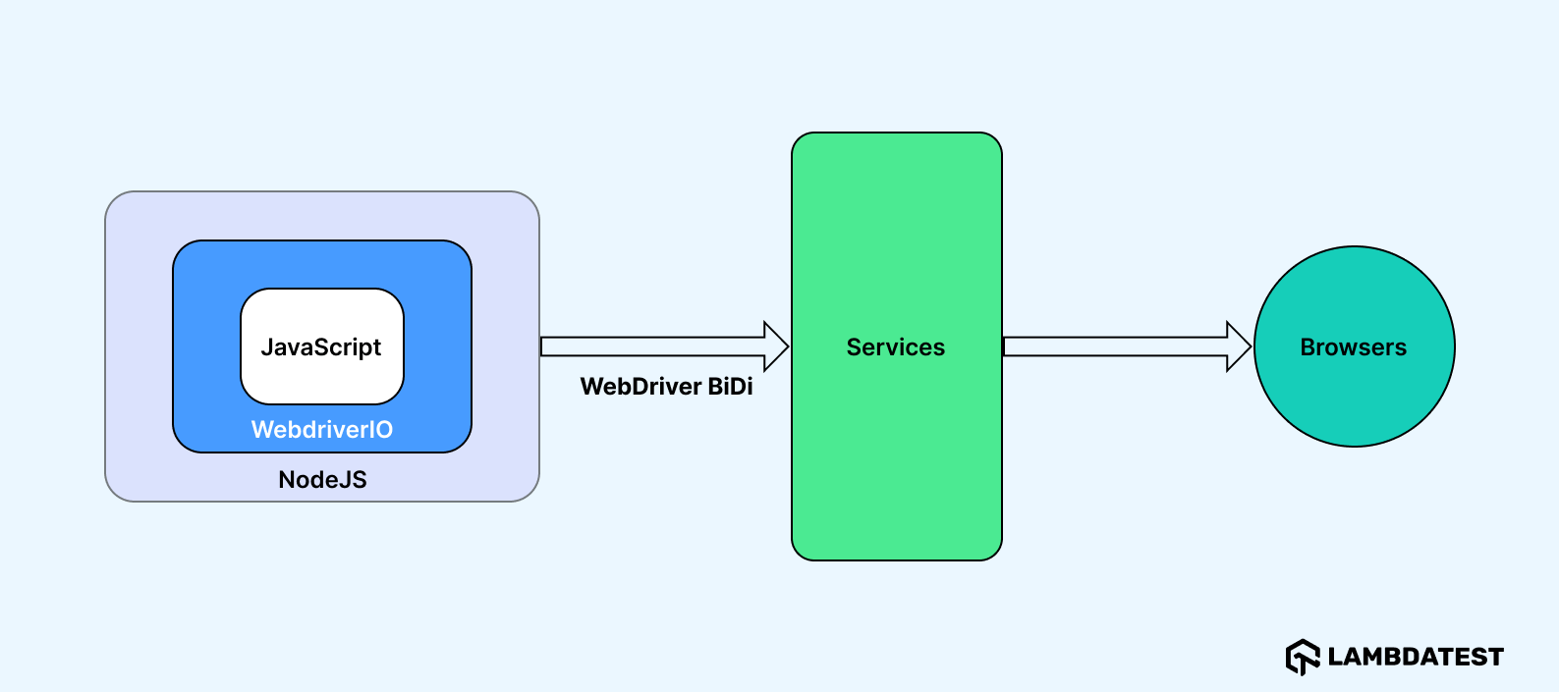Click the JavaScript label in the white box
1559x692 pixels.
click(x=321, y=347)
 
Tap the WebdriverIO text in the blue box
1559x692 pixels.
click(x=322, y=430)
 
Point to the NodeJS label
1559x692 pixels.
click(x=322, y=480)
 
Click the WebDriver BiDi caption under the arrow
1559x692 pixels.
click(x=666, y=387)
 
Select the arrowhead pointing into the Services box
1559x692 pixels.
click(x=776, y=346)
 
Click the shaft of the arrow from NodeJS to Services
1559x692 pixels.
click(x=648, y=346)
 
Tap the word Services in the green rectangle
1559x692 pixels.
click(x=895, y=347)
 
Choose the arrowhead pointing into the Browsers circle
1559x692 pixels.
click(x=1238, y=346)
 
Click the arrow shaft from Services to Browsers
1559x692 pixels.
click(x=1110, y=346)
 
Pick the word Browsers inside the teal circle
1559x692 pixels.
click(x=1353, y=347)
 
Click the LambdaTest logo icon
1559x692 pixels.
click(x=1303, y=657)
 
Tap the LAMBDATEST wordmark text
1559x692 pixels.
click(x=1416, y=657)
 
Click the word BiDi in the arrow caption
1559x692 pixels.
click(x=730, y=387)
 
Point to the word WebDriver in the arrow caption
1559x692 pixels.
click(x=640, y=387)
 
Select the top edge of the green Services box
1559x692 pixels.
click(x=896, y=133)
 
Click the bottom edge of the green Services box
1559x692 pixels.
click(x=896, y=559)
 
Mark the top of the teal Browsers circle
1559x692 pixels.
click(x=1354, y=247)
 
